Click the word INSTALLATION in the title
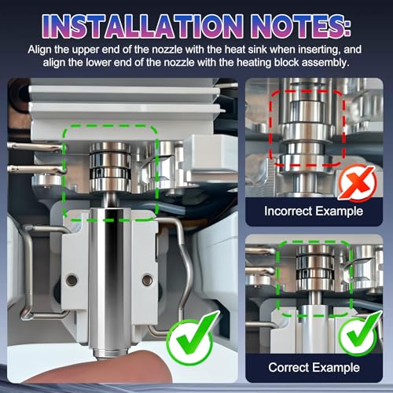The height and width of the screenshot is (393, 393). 142,26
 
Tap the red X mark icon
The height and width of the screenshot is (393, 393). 358,182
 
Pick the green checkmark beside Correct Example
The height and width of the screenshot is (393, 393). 360,333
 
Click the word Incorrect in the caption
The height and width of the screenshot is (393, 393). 288,211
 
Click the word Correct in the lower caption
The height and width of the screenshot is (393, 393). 288,367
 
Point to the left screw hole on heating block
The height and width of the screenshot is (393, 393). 72,281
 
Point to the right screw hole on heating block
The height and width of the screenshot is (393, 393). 147,280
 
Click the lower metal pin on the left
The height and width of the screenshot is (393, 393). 37,169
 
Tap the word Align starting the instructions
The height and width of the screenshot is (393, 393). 40,50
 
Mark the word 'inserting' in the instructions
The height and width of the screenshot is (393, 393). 319,50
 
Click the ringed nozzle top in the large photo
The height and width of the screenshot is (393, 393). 110,167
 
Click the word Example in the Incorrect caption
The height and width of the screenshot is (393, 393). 339,211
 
